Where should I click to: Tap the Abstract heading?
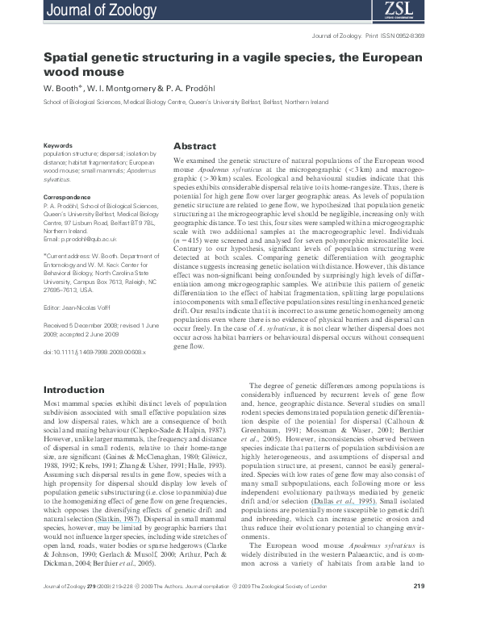[195, 146]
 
